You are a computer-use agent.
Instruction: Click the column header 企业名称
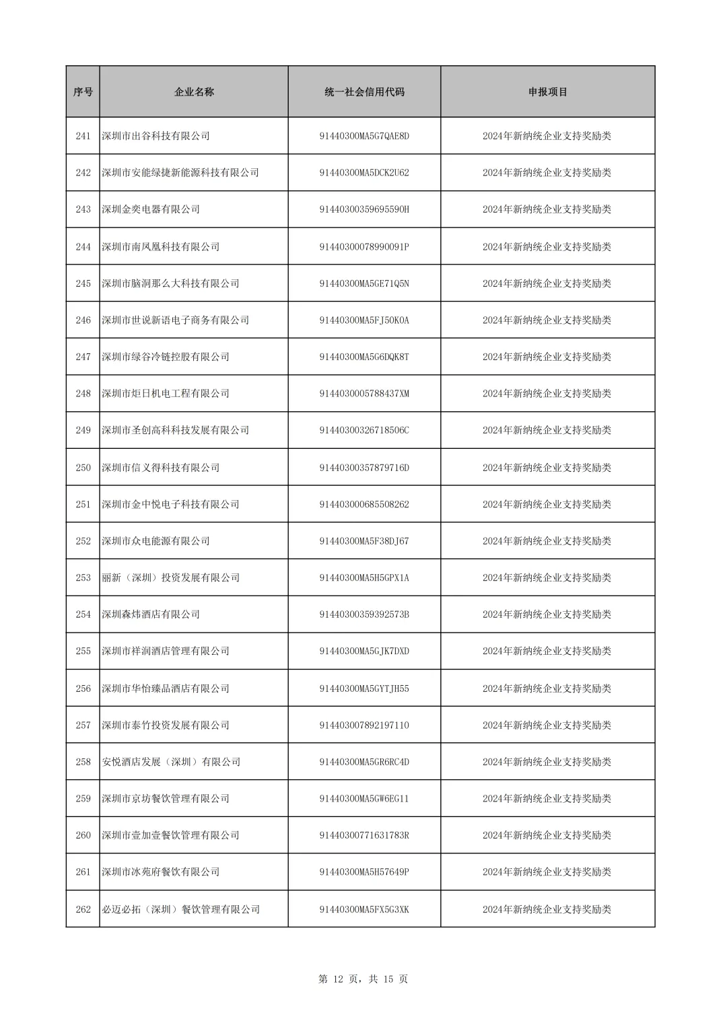pyautogui.click(x=194, y=92)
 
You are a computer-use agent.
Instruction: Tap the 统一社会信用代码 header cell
pyautogui.click(x=364, y=92)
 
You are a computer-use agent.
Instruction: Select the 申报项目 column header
pyautogui.click(x=547, y=92)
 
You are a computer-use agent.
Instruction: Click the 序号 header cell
pyautogui.click(x=83, y=92)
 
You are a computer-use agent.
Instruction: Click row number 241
pyautogui.click(x=83, y=136)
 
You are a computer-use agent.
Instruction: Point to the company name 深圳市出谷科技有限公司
pyautogui.click(x=155, y=136)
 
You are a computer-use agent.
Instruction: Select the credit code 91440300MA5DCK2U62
pyautogui.click(x=364, y=173)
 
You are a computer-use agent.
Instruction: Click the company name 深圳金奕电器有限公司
pyautogui.click(x=151, y=209)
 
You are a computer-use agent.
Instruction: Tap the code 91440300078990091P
pyautogui.click(x=364, y=247)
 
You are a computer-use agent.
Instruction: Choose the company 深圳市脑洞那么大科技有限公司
pyautogui.click(x=170, y=283)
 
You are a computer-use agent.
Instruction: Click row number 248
pyautogui.click(x=83, y=394)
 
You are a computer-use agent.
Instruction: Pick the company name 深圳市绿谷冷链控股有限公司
pyautogui.click(x=166, y=357)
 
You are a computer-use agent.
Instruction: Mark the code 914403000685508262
pyautogui.click(x=364, y=504)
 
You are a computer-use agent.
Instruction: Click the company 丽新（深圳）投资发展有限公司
pyautogui.click(x=170, y=577)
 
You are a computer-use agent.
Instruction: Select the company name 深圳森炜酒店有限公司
pyautogui.click(x=151, y=614)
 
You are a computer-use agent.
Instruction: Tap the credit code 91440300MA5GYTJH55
pyautogui.click(x=364, y=688)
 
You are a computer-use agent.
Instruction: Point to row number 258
pyautogui.click(x=83, y=762)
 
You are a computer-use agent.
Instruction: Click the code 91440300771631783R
pyautogui.click(x=364, y=835)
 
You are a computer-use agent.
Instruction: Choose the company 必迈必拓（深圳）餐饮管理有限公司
pyautogui.click(x=180, y=909)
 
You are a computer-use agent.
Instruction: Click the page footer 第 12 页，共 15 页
pyautogui.click(x=363, y=979)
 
